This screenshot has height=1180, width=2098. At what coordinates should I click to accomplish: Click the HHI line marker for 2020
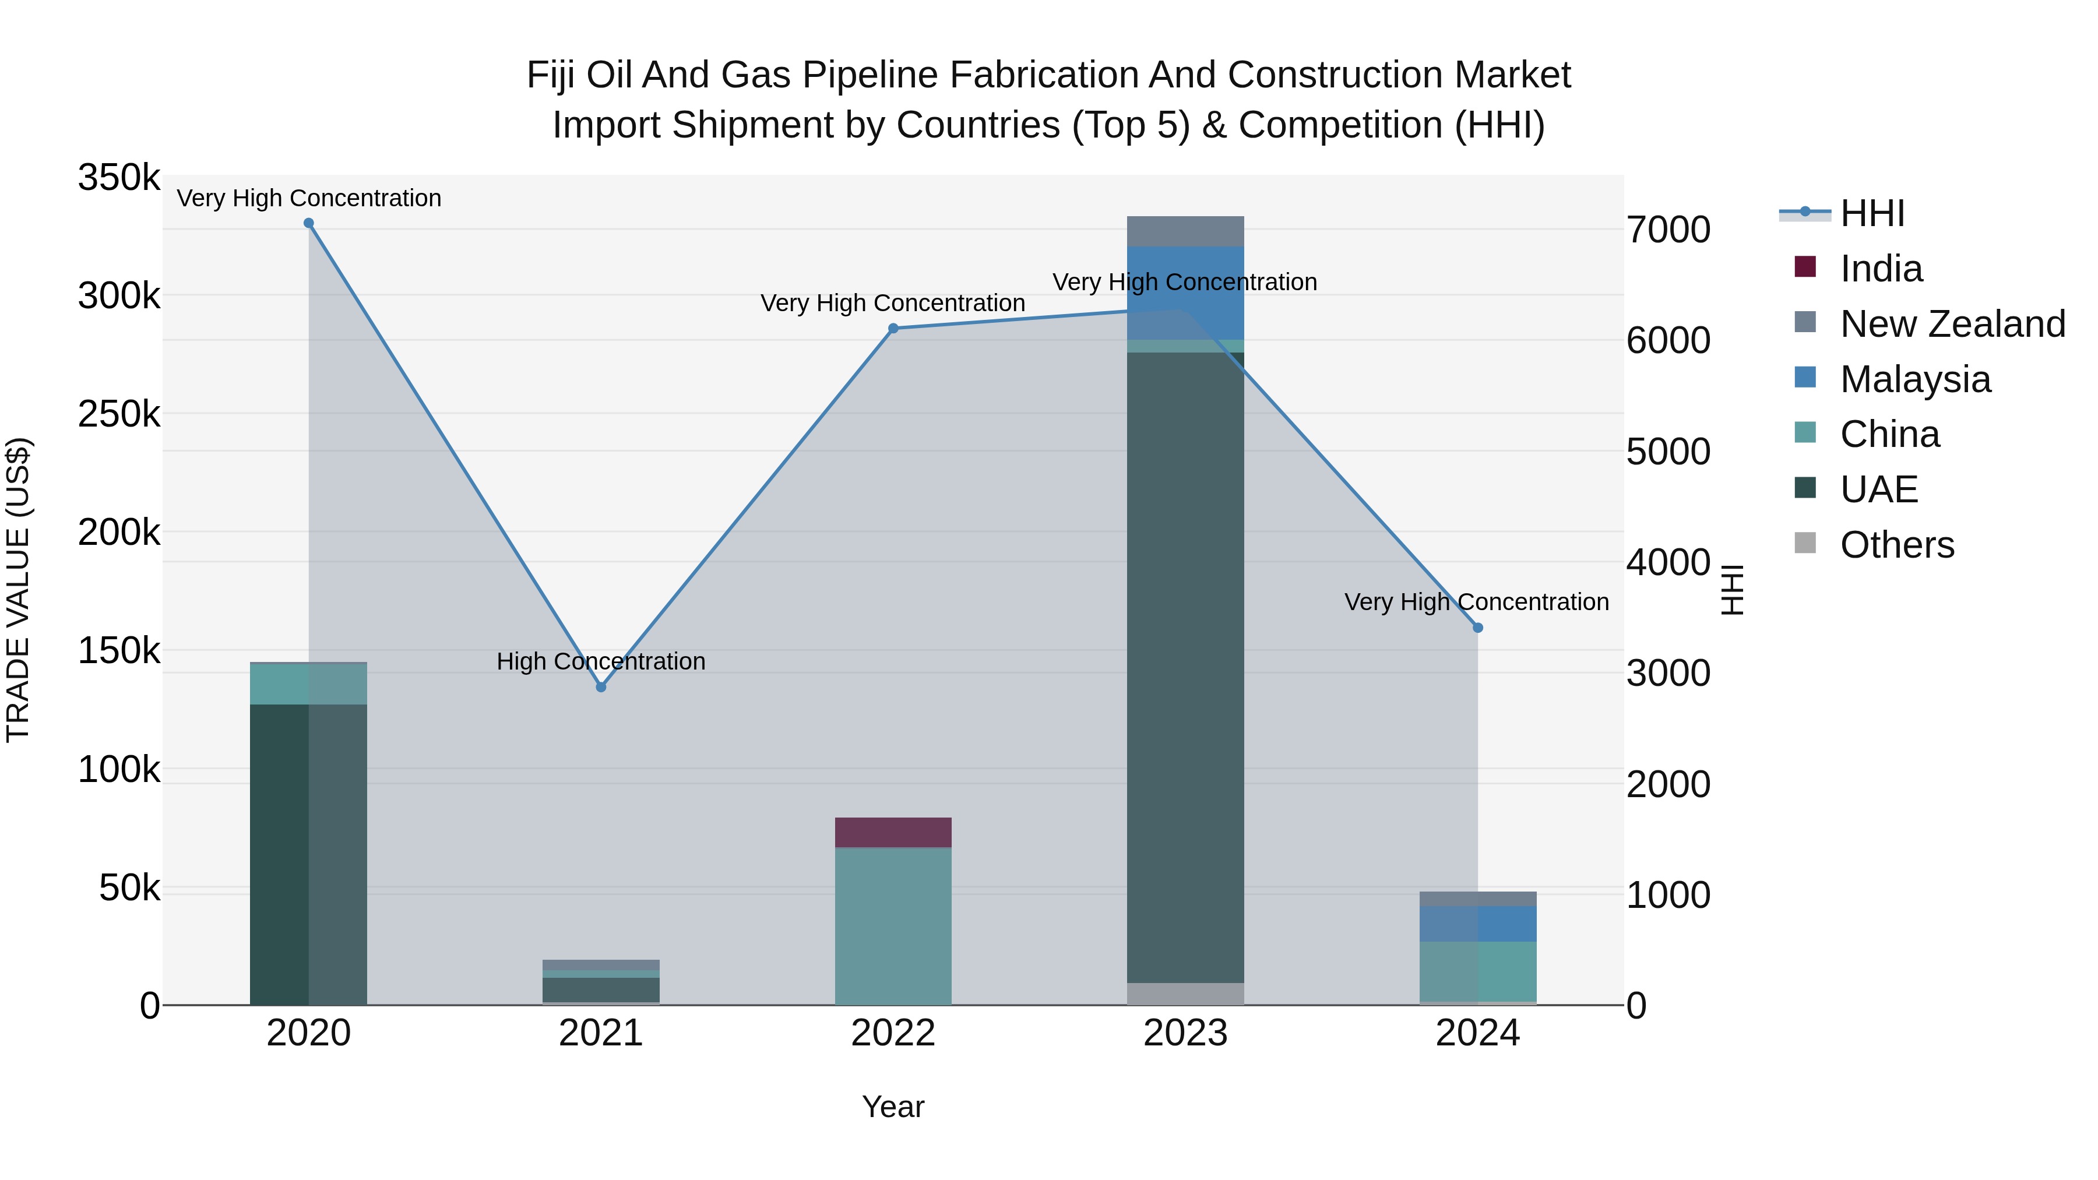coord(309,223)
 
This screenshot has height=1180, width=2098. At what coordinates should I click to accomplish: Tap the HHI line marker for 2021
coord(601,688)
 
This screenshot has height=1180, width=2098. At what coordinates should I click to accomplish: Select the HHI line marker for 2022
coord(893,328)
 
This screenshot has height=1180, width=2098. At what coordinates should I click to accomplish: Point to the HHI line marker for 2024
coord(1477,628)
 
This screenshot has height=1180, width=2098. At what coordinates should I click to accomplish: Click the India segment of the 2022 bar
coord(893,832)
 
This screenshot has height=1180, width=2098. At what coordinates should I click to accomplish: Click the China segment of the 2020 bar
coord(309,684)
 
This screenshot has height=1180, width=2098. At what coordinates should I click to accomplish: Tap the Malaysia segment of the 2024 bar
coord(1477,924)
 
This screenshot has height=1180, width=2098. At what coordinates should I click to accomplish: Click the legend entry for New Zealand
coord(1952,324)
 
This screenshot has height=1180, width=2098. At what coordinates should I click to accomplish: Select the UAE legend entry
coord(1879,489)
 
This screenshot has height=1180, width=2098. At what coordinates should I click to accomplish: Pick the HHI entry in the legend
coord(1871,213)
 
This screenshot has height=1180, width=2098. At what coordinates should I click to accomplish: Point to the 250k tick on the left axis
coord(119,414)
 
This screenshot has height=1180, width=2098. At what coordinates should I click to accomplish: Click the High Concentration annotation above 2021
coord(601,661)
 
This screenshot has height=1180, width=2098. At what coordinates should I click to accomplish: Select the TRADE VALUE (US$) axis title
coord(18,590)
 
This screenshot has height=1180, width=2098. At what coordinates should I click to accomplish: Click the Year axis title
coord(893,1107)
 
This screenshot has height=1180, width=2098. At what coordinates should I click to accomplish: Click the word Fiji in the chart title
coord(551,75)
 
